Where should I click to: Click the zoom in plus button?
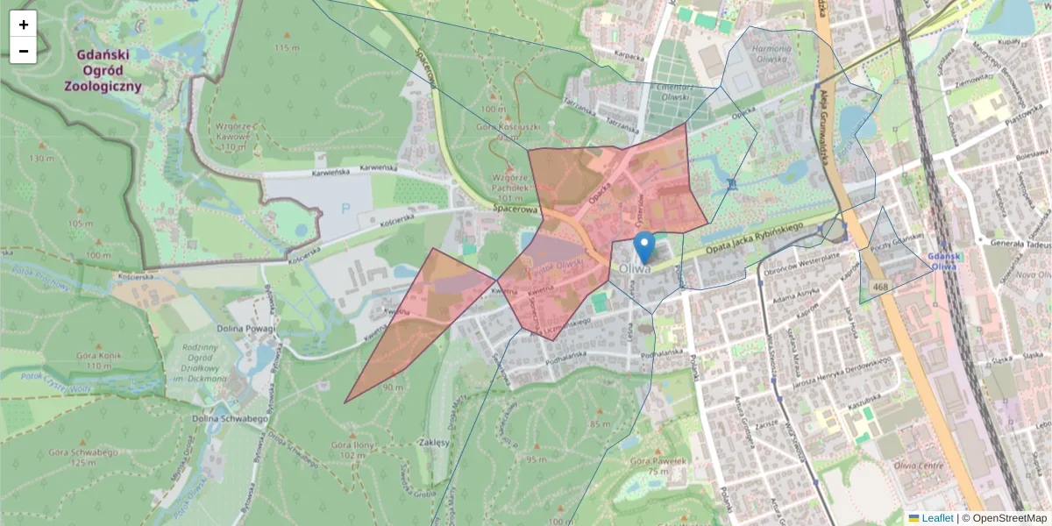(24, 25)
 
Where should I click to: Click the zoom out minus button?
(24, 51)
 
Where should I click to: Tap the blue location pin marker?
(644, 248)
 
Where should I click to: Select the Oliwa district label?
(634, 268)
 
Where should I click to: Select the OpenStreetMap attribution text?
(1004, 518)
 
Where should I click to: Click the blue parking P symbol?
(345, 210)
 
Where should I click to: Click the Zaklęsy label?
(435, 443)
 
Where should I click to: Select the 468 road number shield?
(880, 286)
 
